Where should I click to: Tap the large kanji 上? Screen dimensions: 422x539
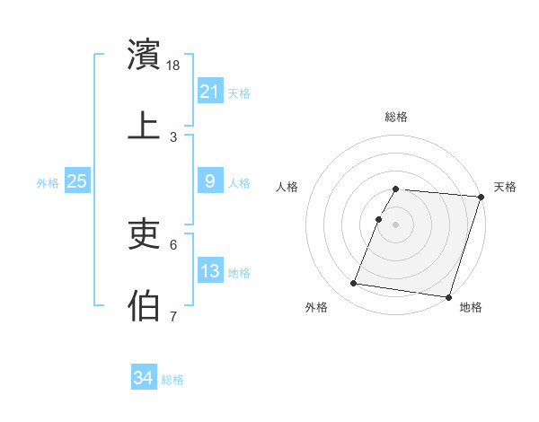coord(145,126)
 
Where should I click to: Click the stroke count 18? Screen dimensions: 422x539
coord(174,65)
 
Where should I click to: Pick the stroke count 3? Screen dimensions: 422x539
coord(173,136)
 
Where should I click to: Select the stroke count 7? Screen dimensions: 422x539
coord(173,316)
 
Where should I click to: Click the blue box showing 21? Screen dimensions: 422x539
coord(209,92)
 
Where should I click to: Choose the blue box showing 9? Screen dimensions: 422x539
coord(209,181)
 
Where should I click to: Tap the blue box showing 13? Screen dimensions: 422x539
coord(209,271)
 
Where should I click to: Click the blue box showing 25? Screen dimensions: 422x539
coord(76,181)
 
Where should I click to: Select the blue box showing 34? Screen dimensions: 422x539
coord(143,379)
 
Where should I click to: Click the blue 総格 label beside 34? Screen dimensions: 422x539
coord(172,380)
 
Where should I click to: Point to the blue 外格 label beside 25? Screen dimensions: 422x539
coord(48,182)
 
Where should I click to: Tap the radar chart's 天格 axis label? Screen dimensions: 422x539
coord(505,187)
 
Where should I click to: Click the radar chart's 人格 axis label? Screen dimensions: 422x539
coord(287,187)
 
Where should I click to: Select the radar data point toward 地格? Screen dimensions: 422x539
coord(448,296)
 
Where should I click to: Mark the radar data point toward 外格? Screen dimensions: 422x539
coord(353,284)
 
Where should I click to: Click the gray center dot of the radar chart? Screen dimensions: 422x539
coord(395,224)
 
